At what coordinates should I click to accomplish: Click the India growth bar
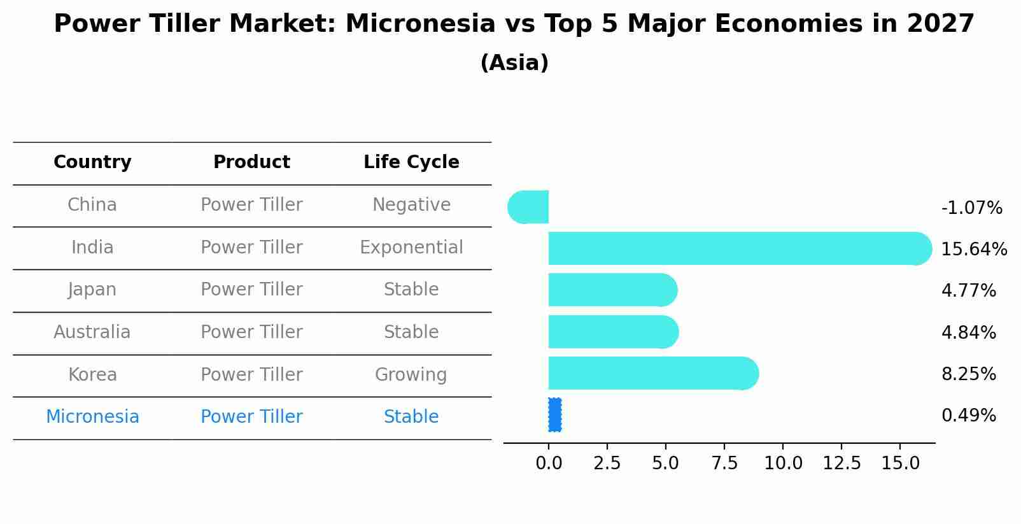740,248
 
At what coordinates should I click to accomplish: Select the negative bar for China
528,207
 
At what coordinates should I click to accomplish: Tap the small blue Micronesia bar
554,415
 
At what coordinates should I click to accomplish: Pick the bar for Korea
654,374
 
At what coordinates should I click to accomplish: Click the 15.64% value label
974,249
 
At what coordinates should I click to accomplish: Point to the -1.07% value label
972,208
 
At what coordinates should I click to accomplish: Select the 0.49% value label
969,416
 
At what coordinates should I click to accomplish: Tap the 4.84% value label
969,332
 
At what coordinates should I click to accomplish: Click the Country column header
92,162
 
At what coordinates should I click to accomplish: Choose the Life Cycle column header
411,162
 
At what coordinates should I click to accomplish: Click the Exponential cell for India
411,248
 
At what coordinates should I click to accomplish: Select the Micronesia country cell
92,417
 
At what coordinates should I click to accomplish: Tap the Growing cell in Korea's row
411,375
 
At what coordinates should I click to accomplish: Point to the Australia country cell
92,332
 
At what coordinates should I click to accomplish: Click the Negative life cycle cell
411,205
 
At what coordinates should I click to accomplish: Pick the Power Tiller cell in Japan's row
251,290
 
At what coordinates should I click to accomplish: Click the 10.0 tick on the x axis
783,464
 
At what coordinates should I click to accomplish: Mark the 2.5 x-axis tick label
607,464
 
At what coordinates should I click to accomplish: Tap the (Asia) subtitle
514,63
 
